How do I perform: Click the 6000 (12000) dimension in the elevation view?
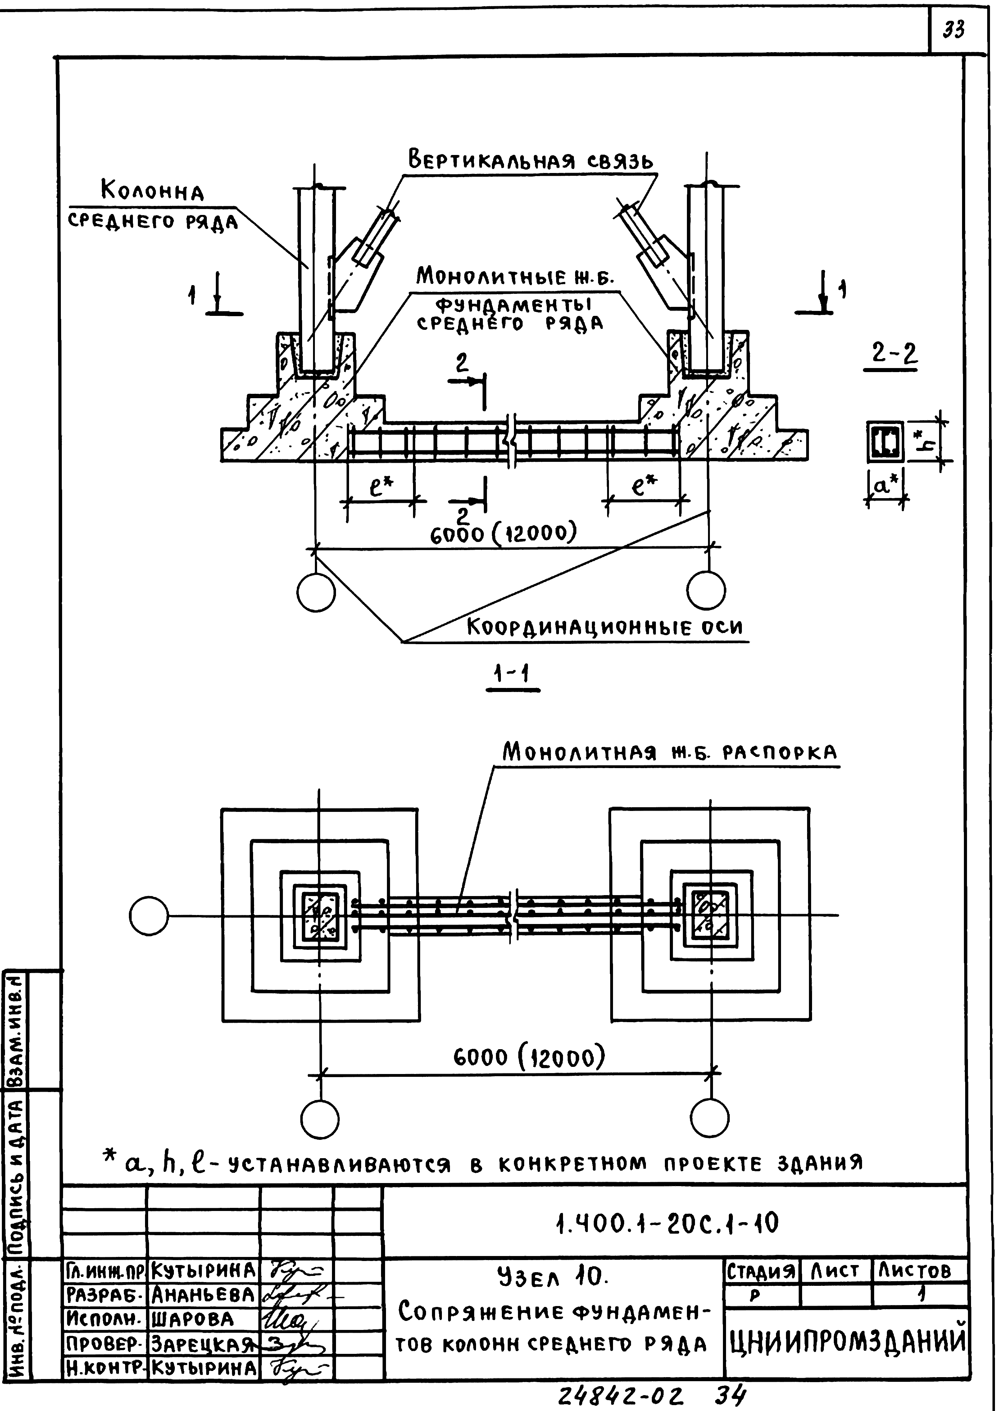pos(503,533)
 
